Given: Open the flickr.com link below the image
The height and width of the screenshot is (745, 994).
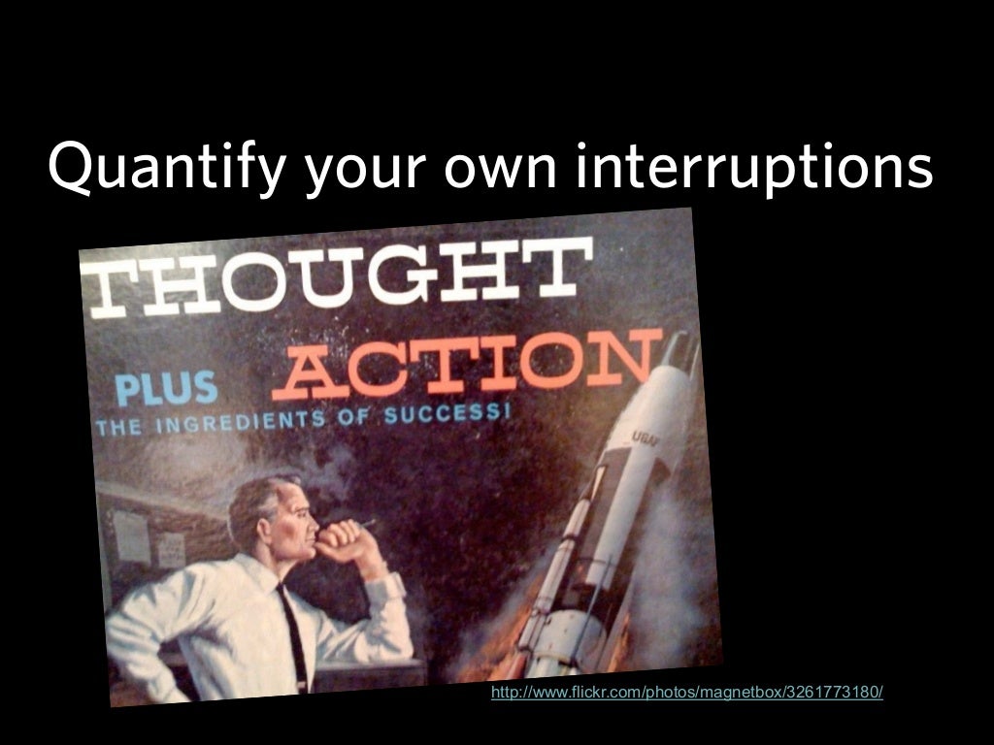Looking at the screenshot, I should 687,692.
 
